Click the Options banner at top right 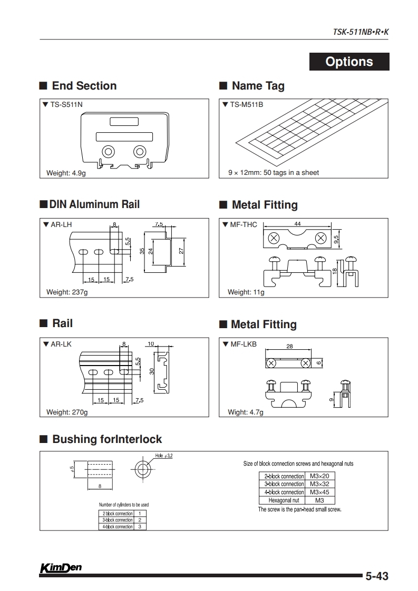point(349,62)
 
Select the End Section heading point(84,86)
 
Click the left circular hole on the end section point(109,152)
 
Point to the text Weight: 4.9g point(66,173)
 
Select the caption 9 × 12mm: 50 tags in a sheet point(273,173)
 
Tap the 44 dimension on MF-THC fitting point(297,224)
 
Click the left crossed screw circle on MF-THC point(274,238)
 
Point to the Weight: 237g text point(67,292)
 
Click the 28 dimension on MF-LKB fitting point(289,347)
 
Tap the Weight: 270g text point(67,412)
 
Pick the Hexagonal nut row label point(284,500)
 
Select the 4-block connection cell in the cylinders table point(117,527)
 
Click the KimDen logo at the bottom point(60,568)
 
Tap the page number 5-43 point(376,577)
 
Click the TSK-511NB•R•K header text point(361,32)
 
